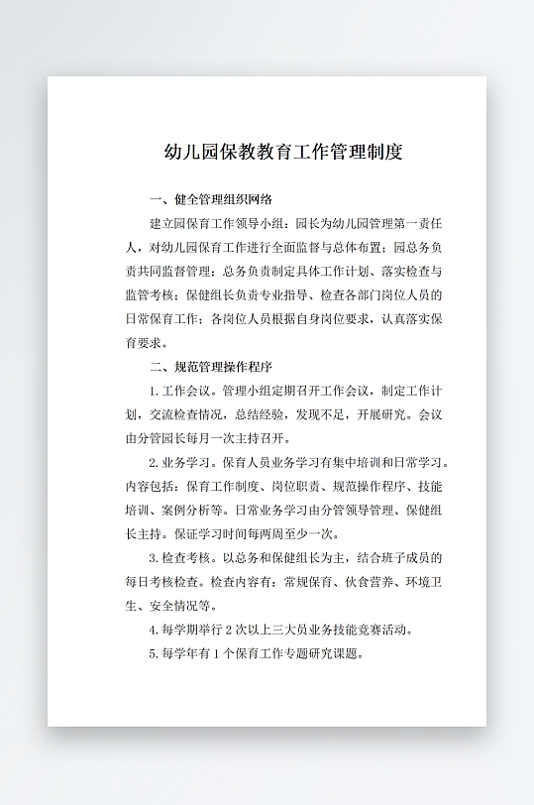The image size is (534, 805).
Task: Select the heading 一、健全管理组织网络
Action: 209,199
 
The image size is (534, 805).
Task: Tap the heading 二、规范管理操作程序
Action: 209,367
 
